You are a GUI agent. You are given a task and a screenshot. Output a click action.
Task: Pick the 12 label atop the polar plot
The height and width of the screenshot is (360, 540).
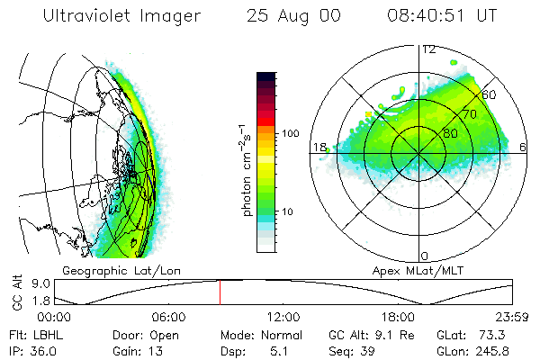tap(429, 49)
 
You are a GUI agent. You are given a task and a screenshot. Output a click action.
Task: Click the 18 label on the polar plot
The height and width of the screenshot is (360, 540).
tap(318, 147)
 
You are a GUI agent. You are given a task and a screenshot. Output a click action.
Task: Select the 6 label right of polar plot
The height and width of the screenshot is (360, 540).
tap(524, 147)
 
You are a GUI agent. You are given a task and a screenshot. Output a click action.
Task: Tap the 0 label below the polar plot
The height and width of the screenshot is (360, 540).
tap(425, 256)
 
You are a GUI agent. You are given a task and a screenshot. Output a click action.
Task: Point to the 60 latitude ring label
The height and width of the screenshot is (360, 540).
tap(490, 94)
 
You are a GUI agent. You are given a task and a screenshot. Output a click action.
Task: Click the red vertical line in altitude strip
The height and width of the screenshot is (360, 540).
tap(219, 292)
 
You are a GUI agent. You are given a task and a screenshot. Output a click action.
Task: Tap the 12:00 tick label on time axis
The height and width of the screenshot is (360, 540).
tap(283, 317)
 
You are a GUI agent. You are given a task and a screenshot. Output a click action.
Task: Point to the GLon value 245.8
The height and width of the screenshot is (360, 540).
tap(508, 349)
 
